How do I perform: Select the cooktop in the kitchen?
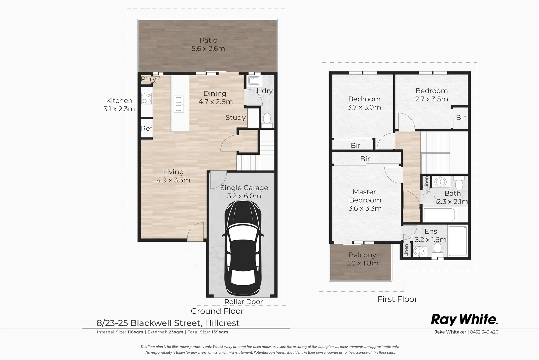click(147, 98)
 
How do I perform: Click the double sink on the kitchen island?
click(179, 104)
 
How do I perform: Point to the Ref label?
click(146, 128)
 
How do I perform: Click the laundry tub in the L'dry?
click(254, 81)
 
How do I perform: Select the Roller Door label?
click(243, 302)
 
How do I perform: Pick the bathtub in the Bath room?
click(439, 215)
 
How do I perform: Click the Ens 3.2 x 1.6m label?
click(430, 235)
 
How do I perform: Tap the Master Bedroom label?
click(365, 200)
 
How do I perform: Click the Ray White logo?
click(464, 319)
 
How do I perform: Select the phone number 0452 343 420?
click(484, 332)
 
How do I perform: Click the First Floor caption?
click(397, 299)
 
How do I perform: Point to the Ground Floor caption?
click(217, 311)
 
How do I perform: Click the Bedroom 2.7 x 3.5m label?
click(431, 95)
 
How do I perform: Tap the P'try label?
click(148, 79)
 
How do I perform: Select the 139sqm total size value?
click(220, 332)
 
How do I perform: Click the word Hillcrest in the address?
click(222, 323)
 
